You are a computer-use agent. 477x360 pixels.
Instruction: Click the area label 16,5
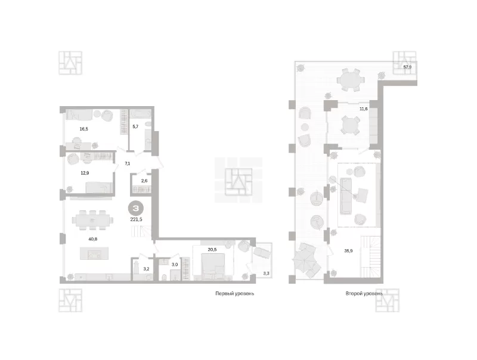(x=83, y=129)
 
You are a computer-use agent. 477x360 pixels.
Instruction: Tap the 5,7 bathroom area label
(x=135, y=126)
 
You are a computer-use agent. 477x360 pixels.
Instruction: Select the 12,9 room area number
(x=85, y=173)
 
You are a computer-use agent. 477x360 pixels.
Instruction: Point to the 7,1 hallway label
(x=127, y=163)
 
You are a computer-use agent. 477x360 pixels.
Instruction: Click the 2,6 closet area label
(x=144, y=181)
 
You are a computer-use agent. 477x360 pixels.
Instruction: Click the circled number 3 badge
(x=136, y=208)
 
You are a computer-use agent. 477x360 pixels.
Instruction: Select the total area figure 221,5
(x=136, y=219)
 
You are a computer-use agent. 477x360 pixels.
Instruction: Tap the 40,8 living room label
(x=93, y=239)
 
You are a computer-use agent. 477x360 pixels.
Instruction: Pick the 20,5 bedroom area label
(x=212, y=250)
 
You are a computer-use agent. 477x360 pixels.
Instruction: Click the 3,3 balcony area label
(x=266, y=274)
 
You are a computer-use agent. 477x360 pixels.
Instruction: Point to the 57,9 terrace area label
(x=407, y=67)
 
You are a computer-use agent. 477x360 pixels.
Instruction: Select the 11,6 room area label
(x=364, y=108)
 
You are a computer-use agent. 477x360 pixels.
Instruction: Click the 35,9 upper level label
(x=348, y=251)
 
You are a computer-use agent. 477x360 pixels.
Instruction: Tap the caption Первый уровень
(x=234, y=293)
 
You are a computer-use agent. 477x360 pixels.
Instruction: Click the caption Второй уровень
(x=364, y=293)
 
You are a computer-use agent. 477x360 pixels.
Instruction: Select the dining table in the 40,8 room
(x=92, y=220)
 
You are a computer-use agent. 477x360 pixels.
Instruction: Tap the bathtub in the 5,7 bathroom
(x=140, y=114)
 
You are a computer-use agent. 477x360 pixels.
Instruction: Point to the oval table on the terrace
(x=351, y=80)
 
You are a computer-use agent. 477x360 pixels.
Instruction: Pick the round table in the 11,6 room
(x=350, y=125)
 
